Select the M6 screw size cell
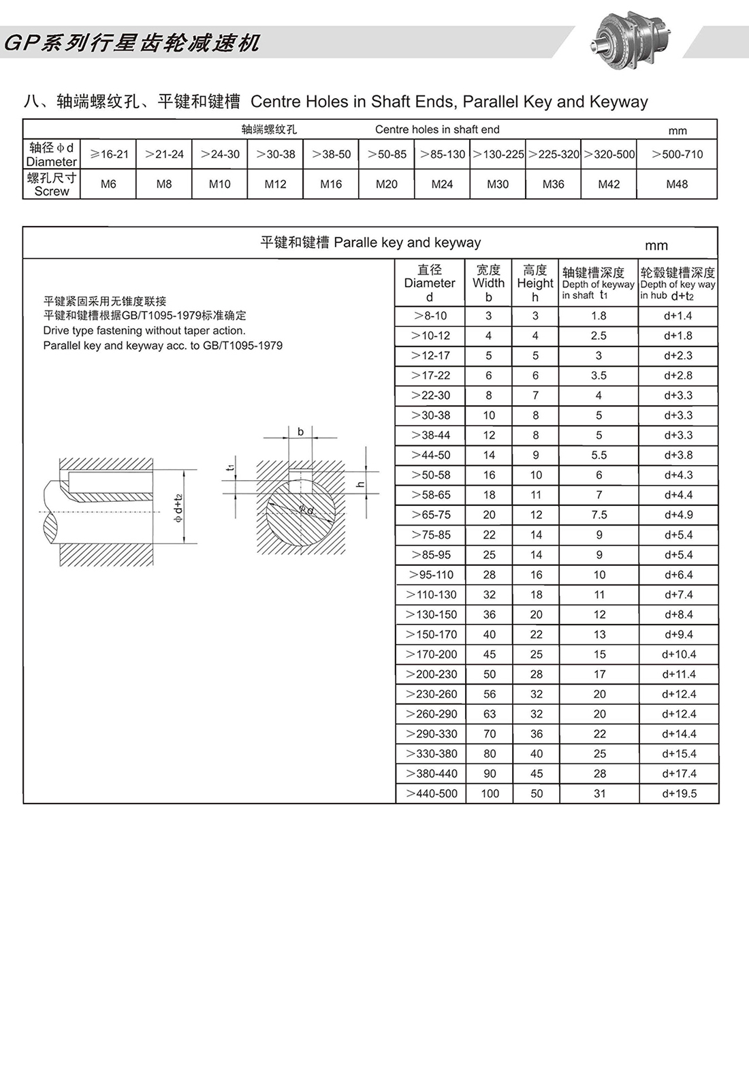(108, 184)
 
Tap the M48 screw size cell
(676, 184)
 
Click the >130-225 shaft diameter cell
(498, 155)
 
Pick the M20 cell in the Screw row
(386, 184)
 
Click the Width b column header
(488, 283)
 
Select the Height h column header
(535, 283)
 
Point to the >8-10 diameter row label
(430, 316)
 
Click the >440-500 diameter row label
(432, 793)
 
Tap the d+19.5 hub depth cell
(679, 793)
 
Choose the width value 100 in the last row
(490, 793)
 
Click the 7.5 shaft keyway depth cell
(599, 515)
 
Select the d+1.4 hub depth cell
(678, 316)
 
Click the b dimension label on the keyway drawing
(300, 432)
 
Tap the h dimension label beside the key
(361, 485)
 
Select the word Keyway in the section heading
(619, 101)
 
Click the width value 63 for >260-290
(489, 714)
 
